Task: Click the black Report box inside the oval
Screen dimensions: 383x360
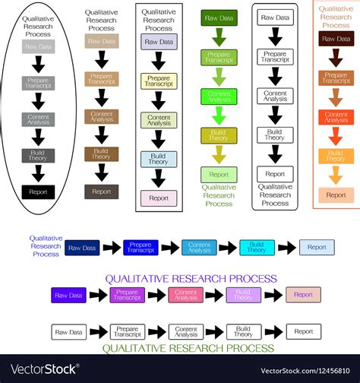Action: [38, 191]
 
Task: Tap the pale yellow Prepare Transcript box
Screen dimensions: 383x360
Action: [159, 81]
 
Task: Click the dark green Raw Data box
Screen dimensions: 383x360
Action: [219, 17]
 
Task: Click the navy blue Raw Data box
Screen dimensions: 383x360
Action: [82, 247]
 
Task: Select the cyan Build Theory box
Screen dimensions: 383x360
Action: [257, 247]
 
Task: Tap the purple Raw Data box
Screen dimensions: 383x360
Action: [68, 295]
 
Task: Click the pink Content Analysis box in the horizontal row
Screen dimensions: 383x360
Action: [186, 295]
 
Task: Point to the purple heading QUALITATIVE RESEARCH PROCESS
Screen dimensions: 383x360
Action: [191, 279]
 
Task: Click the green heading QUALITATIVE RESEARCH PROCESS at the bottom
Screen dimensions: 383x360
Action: [188, 348]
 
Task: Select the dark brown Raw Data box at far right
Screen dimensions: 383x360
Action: [336, 39]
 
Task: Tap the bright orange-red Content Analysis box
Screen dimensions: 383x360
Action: [336, 116]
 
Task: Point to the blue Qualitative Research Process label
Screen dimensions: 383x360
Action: [46, 246]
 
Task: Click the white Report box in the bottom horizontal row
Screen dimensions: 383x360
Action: [303, 331]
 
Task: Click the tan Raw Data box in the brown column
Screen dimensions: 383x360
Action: [101, 41]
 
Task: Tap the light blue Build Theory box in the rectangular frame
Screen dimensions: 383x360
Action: [159, 159]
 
